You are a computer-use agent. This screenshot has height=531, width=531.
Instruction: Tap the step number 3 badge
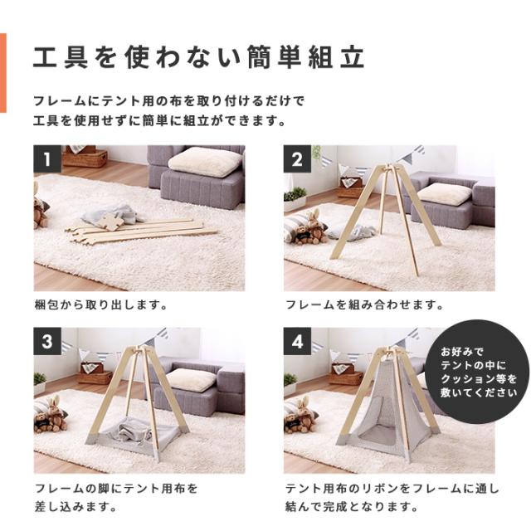pyautogui.click(x=47, y=339)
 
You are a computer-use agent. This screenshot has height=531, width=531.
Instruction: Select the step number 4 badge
pyautogui.click(x=296, y=339)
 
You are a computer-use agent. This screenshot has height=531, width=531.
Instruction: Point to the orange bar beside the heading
pyautogui.click(x=3, y=72)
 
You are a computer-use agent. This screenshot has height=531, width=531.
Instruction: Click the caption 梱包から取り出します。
pyautogui.click(x=101, y=304)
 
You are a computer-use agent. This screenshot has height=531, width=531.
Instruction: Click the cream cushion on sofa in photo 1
pyautogui.click(x=205, y=162)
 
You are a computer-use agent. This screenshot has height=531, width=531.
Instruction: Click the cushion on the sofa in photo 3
pyautogui.click(x=193, y=379)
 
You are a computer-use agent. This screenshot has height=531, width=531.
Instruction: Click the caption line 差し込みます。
pyautogui.click(x=76, y=506)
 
